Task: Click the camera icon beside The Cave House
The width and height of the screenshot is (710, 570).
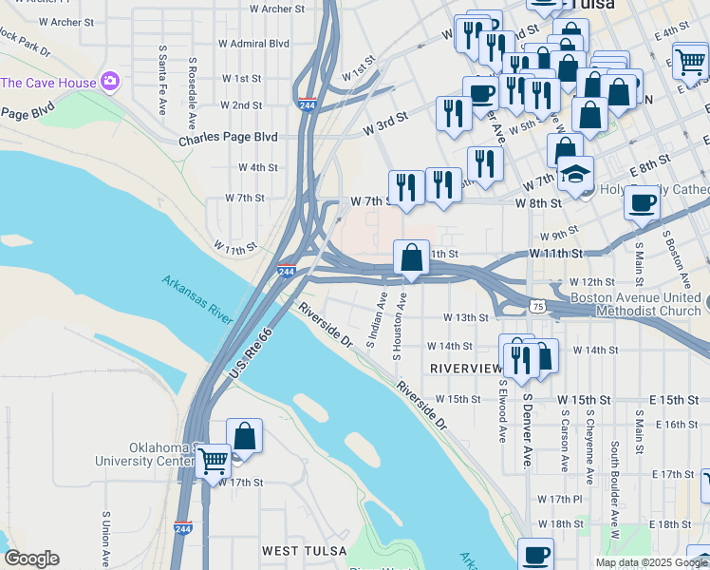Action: [x=110, y=82]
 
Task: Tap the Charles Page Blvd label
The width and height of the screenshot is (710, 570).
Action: [x=228, y=138]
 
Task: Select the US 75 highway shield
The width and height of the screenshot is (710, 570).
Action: [x=537, y=306]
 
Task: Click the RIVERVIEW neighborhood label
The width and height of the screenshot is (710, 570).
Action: [x=465, y=368]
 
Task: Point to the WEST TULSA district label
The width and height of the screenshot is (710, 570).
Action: [x=299, y=551]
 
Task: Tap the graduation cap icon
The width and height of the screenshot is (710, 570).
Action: [x=574, y=174]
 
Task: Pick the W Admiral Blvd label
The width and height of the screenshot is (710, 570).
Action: [x=253, y=44]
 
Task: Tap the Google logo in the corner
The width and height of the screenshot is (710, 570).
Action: [x=30, y=559]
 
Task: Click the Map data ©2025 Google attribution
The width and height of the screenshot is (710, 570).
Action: [x=651, y=562]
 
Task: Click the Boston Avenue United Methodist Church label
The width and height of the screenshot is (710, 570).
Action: [x=635, y=304]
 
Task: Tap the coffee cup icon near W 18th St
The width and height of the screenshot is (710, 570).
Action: [x=535, y=553]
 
